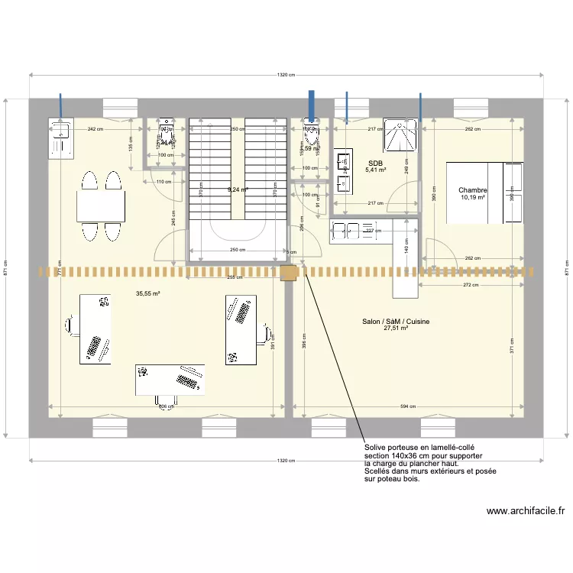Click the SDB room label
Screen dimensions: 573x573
point(374,163)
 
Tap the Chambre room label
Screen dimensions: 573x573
point(473,190)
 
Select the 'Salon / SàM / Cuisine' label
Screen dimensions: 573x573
point(396,322)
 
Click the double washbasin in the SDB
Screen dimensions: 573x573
point(342,172)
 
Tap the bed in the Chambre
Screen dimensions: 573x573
point(484,193)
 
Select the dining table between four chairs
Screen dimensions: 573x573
point(101,206)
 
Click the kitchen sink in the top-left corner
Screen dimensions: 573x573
point(60,137)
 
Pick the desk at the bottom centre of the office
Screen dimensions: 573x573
point(170,380)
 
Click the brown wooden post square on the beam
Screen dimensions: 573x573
point(289,272)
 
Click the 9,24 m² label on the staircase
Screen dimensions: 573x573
point(237,189)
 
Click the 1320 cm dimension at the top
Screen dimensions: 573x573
point(286,75)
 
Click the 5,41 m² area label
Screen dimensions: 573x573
point(374,170)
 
